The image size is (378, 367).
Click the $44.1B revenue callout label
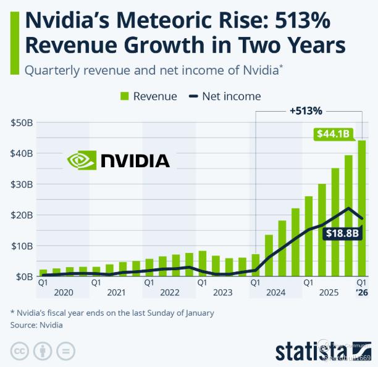point(334,133)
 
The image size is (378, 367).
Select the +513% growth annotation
point(306,111)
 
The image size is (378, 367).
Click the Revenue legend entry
point(148,96)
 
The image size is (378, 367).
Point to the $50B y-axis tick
point(22,122)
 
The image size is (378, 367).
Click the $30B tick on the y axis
point(22,184)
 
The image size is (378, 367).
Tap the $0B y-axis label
point(23,276)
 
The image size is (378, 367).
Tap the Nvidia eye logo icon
point(82,161)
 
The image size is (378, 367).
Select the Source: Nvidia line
point(36,324)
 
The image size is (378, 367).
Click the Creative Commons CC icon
point(20,350)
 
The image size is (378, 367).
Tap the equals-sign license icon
point(64,350)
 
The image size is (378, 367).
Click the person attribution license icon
point(42,350)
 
